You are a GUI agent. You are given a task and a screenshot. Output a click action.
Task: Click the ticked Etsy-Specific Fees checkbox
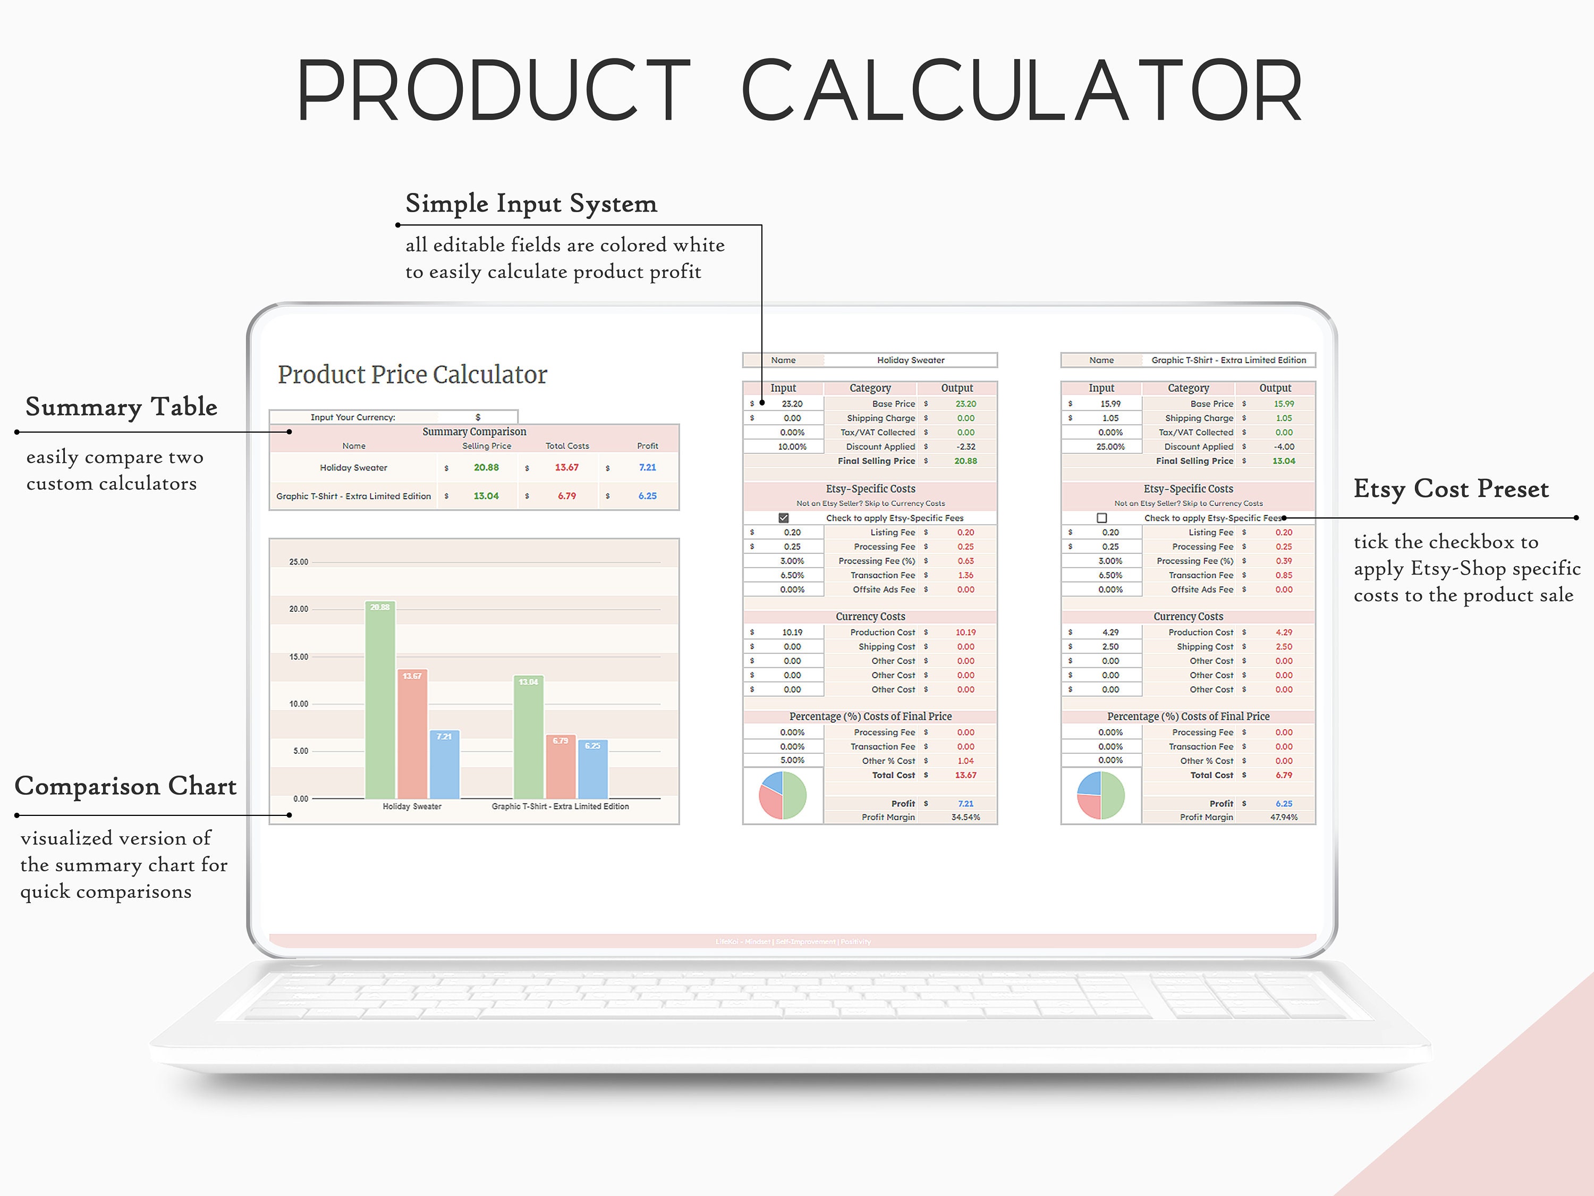783,518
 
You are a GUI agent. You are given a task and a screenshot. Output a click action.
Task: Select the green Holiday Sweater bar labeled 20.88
380,700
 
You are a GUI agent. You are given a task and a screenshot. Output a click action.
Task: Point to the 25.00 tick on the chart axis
298,562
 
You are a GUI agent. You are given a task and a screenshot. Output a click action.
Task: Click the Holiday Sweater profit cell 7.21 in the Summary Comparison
647,467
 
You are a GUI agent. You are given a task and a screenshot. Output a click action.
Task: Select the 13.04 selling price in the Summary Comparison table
486,496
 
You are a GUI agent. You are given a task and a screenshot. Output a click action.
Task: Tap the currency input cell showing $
478,417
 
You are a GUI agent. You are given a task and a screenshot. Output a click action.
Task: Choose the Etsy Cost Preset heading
1451,489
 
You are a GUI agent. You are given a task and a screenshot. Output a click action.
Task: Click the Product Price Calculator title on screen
412,375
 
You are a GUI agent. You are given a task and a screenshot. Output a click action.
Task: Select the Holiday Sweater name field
910,360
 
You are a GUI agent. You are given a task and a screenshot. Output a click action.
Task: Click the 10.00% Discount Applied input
792,447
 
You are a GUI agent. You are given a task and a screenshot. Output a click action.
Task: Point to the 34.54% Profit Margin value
965,817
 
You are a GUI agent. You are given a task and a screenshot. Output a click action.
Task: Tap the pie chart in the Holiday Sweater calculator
783,795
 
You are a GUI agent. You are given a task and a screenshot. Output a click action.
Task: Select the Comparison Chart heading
125,786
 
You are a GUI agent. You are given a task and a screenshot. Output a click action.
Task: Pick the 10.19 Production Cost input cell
792,632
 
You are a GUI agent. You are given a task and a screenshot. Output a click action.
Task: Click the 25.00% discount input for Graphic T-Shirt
1110,447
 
